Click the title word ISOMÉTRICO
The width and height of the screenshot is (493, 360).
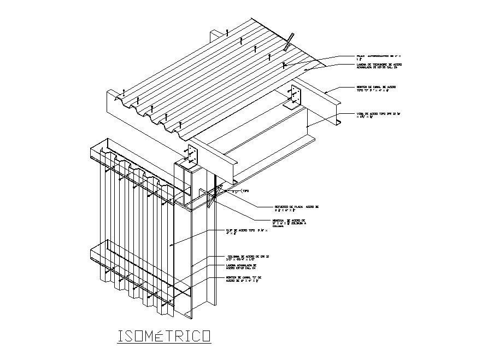(165, 335)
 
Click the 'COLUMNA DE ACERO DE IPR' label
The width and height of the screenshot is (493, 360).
(248, 258)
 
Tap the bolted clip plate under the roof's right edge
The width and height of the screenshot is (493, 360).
(296, 95)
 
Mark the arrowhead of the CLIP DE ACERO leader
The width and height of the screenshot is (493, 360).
(171, 246)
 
